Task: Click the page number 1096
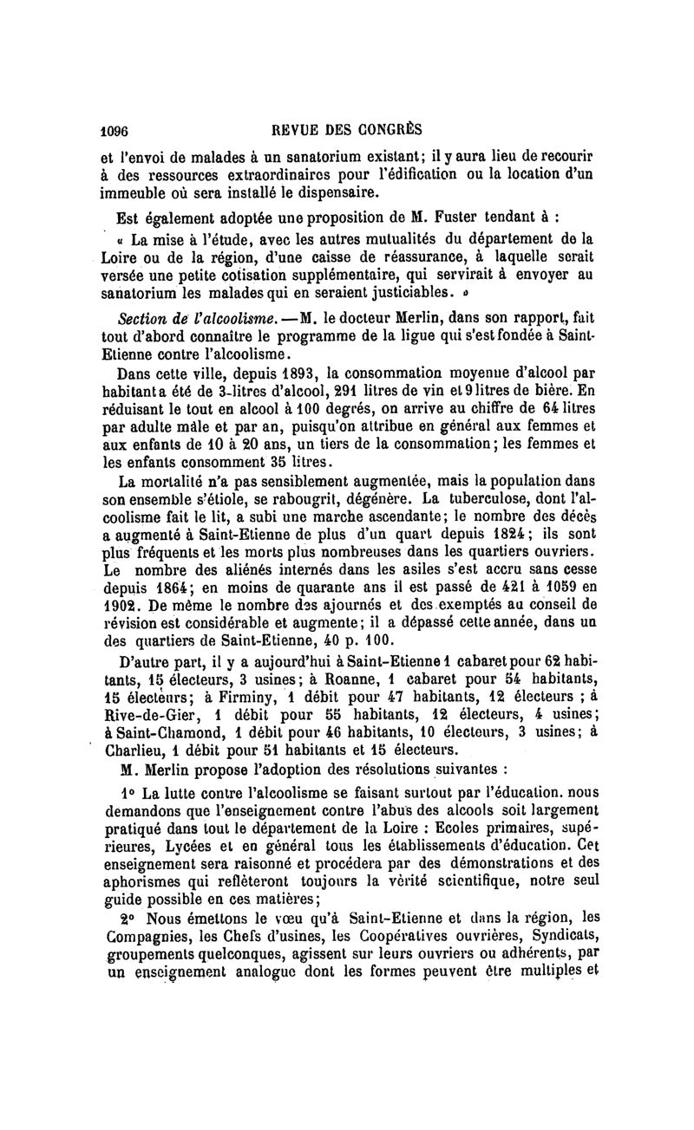(115, 131)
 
